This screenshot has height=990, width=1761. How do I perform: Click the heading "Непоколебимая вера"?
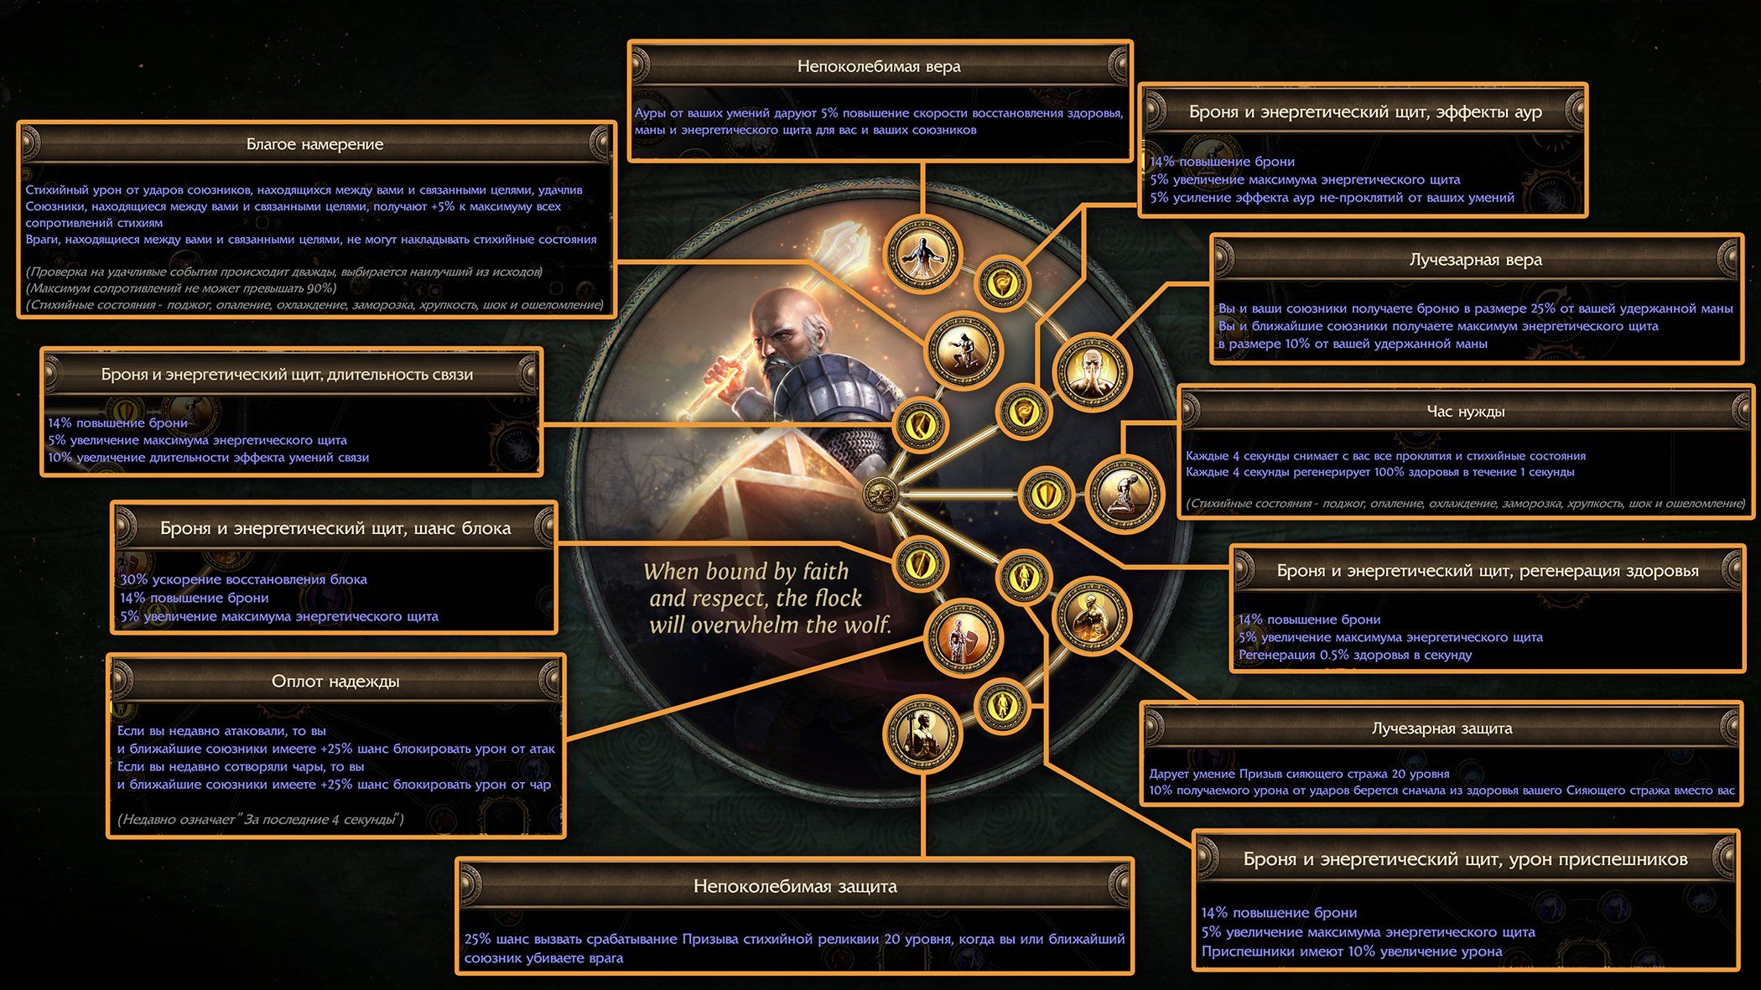879,66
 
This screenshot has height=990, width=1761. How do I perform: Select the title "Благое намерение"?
314,144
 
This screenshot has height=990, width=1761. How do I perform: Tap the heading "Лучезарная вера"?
1475,260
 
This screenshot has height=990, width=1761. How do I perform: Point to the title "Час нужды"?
1466,412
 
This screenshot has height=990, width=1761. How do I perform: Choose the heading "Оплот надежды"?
335,682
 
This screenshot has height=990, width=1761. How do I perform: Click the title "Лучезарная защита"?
1442,728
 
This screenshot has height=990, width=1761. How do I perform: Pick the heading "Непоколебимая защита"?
794,886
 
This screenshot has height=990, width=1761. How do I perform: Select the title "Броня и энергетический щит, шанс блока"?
335,529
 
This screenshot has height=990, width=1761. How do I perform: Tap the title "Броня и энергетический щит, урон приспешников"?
1465,859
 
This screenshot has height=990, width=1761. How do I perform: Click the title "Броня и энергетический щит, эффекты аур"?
1364,112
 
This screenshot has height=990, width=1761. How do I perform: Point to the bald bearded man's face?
776,327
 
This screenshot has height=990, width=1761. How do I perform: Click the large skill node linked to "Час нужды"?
1124,493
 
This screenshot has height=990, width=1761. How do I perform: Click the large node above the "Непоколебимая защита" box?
922,733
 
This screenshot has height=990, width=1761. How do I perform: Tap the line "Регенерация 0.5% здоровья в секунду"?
1354,656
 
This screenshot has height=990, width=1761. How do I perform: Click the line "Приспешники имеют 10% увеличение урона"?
1351,951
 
